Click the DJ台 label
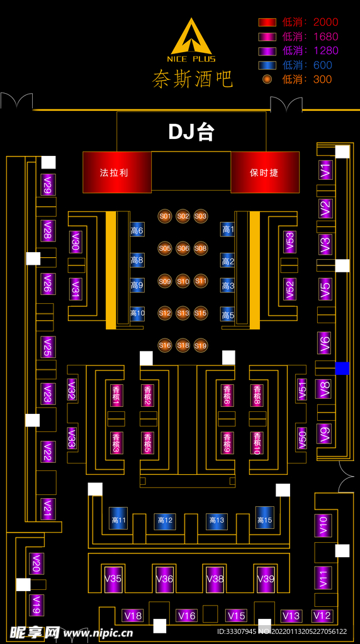click(191, 132)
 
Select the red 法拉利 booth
click(117, 172)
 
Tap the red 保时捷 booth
click(265, 172)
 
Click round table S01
click(165, 216)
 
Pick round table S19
click(201, 345)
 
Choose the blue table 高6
click(137, 230)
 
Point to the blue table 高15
click(265, 518)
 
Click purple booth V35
click(113, 579)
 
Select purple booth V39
click(266, 579)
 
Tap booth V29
click(48, 185)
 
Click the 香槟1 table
click(116, 396)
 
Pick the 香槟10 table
click(257, 443)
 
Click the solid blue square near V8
click(342, 369)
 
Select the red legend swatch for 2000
click(267, 22)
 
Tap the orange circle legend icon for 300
click(267, 79)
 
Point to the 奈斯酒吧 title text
click(193, 79)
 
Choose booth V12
click(322, 616)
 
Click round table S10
click(183, 281)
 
